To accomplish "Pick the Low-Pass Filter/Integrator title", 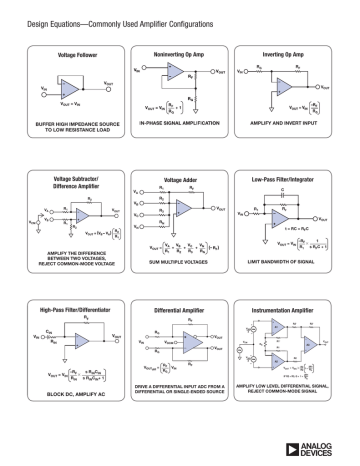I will (x=290, y=181).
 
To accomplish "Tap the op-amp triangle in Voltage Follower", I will (x=68, y=86).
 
